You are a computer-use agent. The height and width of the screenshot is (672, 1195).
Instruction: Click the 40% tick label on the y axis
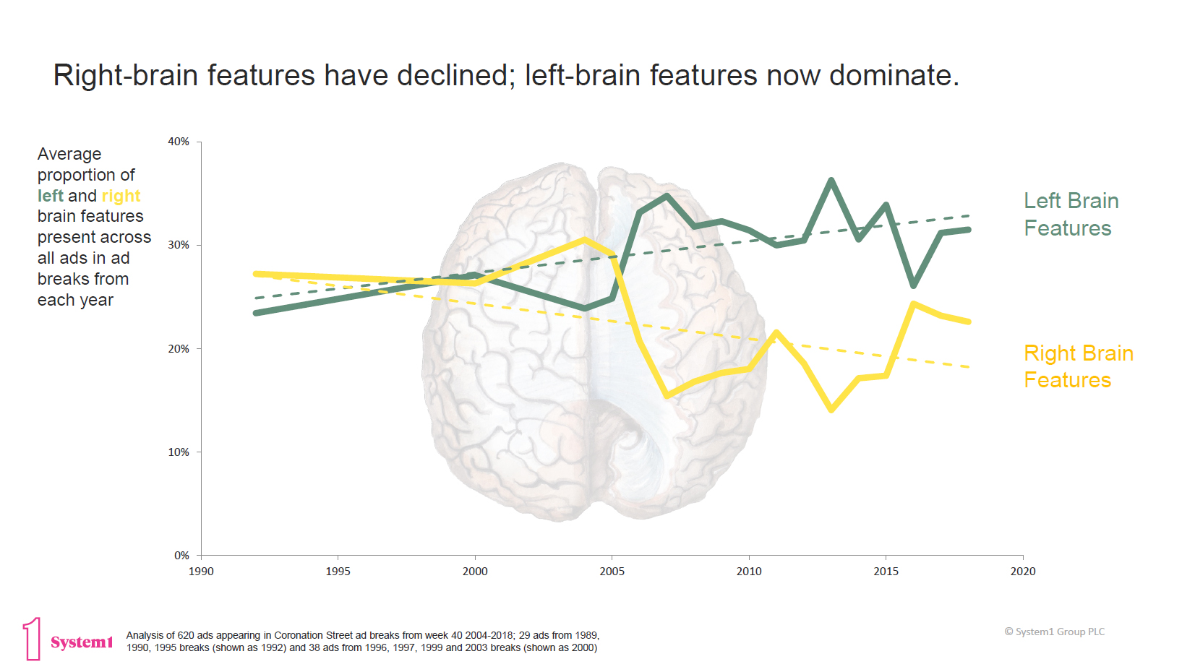[x=179, y=142]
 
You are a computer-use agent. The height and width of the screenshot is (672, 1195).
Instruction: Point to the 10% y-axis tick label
[x=179, y=452]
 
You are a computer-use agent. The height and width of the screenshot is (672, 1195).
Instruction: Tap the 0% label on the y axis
[x=181, y=556]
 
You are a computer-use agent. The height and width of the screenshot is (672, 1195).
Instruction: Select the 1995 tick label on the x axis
[x=338, y=572]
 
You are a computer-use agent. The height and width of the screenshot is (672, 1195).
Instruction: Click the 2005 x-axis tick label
[x=612, y=572]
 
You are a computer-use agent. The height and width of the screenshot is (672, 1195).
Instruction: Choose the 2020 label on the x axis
[x=1022, y=572]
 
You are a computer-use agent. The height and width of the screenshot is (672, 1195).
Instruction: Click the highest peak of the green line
[x=831, y=180]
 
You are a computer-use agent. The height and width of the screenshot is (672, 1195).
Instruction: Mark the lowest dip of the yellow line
[x=831, y=410]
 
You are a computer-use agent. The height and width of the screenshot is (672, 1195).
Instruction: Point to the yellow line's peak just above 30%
[x=584, y=239]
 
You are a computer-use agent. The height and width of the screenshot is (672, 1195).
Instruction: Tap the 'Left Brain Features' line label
[x=1071, y=215]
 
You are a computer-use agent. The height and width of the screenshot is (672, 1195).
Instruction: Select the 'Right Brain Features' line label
[x=1078, y=366]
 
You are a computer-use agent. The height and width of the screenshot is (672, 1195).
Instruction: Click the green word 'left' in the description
[x=51, y=196]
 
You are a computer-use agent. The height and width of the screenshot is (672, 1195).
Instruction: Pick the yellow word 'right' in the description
[x=121, y=196]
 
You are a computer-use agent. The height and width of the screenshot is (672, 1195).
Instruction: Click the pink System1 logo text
[x=82, y=642]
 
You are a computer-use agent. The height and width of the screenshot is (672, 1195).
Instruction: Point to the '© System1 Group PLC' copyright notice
[x=1055, y=632]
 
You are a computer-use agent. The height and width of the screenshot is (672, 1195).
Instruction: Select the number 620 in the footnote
[x=186, y=636]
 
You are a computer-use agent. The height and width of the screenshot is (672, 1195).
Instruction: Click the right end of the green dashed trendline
[x=969, y=215]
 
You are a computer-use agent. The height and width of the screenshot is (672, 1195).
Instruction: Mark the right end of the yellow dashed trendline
[x=969, y=367]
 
